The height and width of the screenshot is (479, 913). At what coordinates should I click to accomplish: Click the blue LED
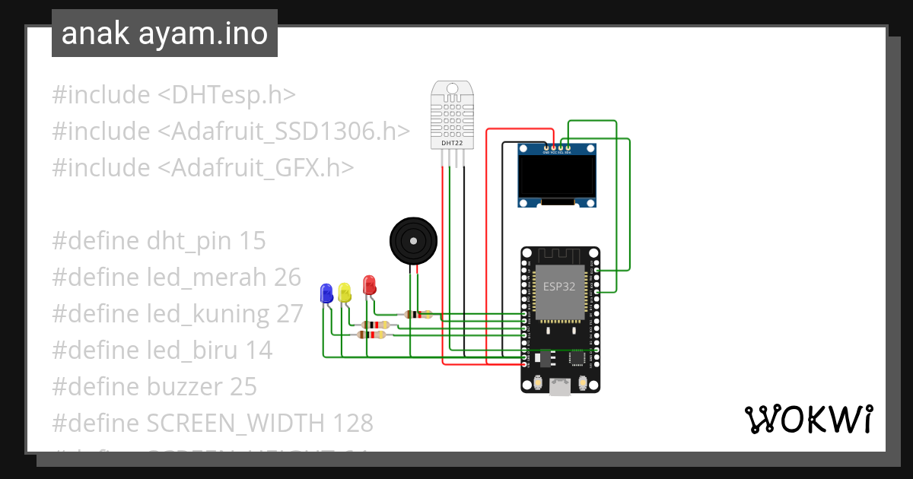coord(326,293)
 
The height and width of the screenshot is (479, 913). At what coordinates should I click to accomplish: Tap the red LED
coord(369,285)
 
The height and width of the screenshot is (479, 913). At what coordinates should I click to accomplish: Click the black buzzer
coord(414,241)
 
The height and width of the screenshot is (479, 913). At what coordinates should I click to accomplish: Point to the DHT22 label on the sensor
coord(453,143)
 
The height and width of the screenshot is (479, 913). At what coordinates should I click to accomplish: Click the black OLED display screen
coord(556,176)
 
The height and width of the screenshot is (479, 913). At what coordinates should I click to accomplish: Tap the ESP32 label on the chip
coord(559,287)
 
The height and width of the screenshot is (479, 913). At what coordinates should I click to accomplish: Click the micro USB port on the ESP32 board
coord(560,386)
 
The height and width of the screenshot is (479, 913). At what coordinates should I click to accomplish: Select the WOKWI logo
coord(808,419)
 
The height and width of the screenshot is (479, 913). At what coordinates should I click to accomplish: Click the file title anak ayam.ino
coord(164,33)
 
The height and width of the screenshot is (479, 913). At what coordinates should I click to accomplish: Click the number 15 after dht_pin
coord(253,241)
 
